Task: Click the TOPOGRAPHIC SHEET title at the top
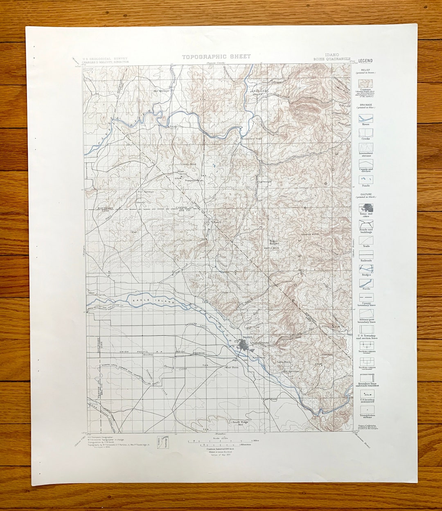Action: coord(216,57)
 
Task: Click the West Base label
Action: coord(232,367)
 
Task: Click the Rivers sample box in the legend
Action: coord(366,118)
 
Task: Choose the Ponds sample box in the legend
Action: coord(366,179)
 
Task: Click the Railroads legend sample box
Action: coord(366,254)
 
